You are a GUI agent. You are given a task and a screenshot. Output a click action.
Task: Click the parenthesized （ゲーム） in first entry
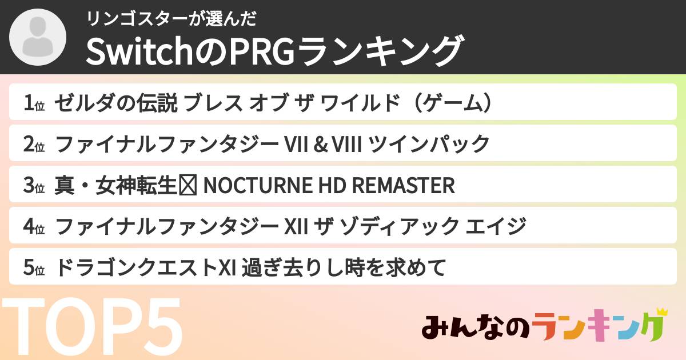(x=452, y=103)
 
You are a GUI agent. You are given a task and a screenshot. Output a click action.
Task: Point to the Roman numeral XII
(x=297, y=226)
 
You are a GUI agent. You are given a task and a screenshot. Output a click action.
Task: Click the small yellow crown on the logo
(x=662, y=313)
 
